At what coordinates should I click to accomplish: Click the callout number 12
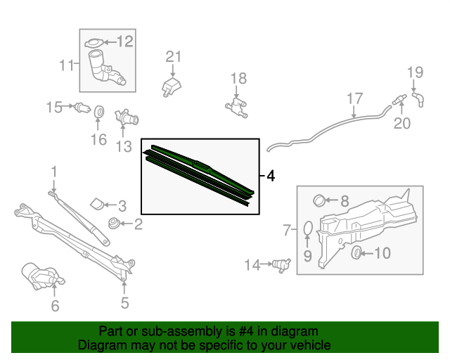point(124,41)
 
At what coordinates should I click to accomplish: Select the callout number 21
point(173,57)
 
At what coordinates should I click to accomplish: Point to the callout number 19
point(416,72)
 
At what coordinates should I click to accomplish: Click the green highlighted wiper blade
point(200,169)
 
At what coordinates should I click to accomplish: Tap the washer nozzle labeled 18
point(236,108)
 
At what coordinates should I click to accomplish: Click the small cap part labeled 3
point(96,204)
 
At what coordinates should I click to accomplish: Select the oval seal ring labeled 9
point(307,229)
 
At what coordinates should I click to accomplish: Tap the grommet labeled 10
point(356,252)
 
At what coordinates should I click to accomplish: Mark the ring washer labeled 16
point(99,112)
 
